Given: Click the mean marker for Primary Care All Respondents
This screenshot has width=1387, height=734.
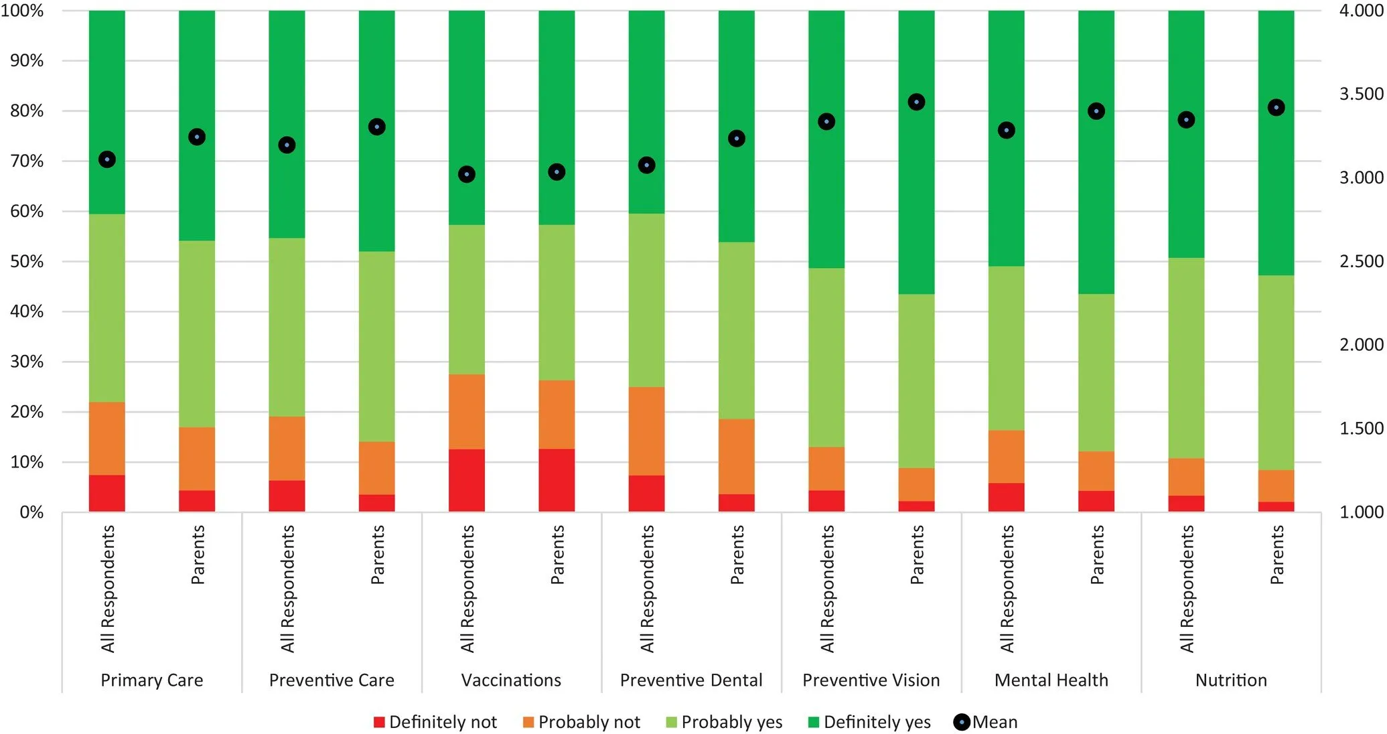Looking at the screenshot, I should [x=107, y=159].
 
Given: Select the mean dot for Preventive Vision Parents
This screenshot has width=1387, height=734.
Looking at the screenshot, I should [x=916, y=102].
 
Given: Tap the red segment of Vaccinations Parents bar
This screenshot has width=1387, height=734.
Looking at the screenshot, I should [x=557, y=480].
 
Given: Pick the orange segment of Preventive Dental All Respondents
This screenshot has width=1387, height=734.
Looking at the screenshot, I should [x=646, y=431].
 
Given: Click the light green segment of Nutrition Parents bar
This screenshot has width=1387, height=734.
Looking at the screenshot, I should [x=1276, y=372].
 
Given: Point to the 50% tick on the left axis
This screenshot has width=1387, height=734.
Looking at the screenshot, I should [x=27, y=261].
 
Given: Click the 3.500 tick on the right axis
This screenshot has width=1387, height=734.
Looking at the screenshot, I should [x=1361, y=94].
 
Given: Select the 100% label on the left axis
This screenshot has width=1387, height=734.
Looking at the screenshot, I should [x=22, y=11].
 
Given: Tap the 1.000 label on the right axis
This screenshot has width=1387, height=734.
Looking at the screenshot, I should [x=1361, y=512].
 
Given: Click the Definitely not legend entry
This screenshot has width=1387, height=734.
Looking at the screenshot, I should [x=435, y=722].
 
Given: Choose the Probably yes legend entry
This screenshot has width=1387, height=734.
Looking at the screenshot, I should [x=725, y=722].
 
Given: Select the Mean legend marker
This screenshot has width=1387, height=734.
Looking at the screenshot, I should [x=962, y=722].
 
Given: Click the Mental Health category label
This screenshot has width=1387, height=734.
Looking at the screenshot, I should [x=1051, y=680].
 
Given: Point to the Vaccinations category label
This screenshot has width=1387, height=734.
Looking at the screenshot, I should [x=511, y=680].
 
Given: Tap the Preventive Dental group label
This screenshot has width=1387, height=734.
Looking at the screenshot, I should [x=691, y=680].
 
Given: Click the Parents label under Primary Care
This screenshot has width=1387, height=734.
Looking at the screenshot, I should [x=198, y=555].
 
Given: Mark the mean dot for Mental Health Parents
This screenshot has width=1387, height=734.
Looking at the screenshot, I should [x=1096, y=111].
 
